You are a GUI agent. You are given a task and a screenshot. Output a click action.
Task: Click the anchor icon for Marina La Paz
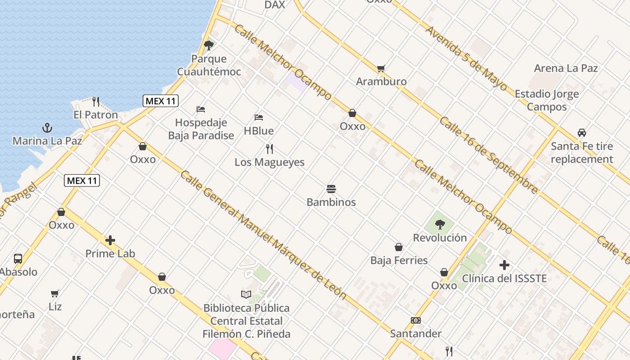click(x=47, y=128)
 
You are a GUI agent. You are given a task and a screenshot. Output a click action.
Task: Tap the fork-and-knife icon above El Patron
click(x=95, y=101)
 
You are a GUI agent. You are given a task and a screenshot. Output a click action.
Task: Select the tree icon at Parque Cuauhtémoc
click(x=208, y=45)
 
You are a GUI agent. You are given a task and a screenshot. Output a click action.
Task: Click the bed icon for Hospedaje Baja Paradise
click(x=201, y=109)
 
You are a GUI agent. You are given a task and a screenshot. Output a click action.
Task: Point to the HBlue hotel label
click(x=259, y=130)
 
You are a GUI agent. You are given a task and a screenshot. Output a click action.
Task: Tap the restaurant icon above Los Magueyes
click(x=270, y=148)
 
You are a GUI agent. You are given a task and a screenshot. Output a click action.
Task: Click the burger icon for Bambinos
click(x=331, y=189)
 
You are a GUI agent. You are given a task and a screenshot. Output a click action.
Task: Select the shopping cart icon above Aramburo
click(x=381, y=68)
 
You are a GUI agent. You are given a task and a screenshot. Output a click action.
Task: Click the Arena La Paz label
click(x=566, y=68)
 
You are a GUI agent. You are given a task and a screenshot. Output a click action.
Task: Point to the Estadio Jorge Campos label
click(x=547, y=100)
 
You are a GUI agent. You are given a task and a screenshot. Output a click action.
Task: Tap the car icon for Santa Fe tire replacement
click(x=582, y=133)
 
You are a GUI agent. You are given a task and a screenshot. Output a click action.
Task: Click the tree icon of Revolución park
click(x=440, y=224)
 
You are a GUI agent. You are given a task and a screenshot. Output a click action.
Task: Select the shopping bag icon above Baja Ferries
click(x=399, y=247)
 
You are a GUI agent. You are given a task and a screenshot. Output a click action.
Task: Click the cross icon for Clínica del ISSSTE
click(x=504, y=265)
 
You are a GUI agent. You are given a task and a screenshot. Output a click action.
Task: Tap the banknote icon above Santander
click(x=416, y=320)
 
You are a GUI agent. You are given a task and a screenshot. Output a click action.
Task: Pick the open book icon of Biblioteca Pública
click(x=246, y=295)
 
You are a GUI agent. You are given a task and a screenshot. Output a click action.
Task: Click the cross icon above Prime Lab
click(x=110, y=240)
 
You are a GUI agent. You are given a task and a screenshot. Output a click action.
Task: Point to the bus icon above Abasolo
click(x=18, y=259)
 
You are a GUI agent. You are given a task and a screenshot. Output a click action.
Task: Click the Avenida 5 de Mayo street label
click(x=466, y=58)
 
